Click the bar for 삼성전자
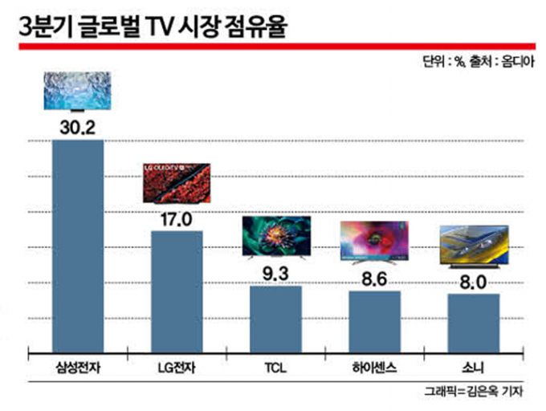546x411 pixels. point(78,245)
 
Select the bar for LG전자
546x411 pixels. point(177,291)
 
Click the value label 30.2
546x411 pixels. point(78,126)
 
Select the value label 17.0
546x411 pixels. point(177,218)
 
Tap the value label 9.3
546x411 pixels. point(275,272)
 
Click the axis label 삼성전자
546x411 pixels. point(78,368)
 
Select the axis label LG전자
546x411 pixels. point(177,368)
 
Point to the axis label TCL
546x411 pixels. point(275,368)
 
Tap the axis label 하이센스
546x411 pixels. point(374,368)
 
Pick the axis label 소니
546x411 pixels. point(474,368)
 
